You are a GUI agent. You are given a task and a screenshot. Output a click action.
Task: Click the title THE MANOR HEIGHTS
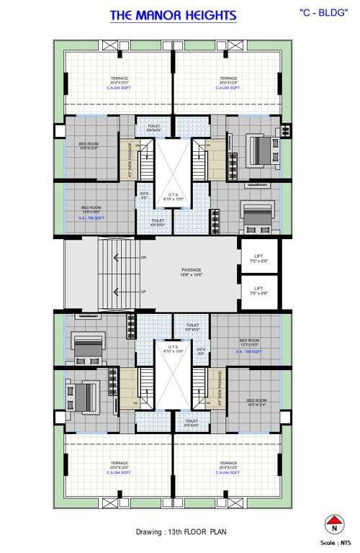tap(173, 16)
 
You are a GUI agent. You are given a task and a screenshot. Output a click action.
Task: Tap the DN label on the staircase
tap(144, 257)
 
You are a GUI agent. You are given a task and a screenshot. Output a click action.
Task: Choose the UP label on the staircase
tap(144, 292)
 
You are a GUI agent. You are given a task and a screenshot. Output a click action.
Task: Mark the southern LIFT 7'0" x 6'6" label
tap(258, 291)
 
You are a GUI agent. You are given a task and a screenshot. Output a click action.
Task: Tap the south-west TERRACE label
tap(119, 467)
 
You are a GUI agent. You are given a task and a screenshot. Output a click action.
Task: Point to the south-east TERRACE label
tap(228, 467)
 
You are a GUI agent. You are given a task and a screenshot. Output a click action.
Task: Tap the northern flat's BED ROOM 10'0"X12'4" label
tap(88, 145)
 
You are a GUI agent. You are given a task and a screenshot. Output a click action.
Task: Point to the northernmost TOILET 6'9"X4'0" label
tap(155, 127)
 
